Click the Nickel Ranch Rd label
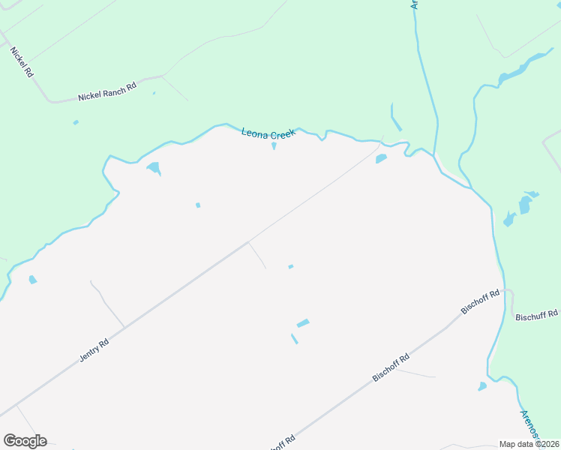107,92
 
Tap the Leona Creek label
268,133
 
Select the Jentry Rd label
94,350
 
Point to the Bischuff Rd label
536,315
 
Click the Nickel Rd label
21,62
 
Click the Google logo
25,441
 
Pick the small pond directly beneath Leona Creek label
274,145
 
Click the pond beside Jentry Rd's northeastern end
381,158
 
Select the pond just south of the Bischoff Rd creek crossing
482,386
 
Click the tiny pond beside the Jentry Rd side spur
291,266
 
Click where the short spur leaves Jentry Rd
249,242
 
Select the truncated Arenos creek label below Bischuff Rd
529,424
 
